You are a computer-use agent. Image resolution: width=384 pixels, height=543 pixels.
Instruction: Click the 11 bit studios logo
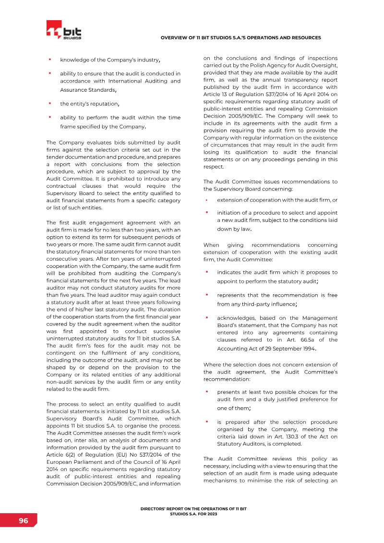click(63, 30)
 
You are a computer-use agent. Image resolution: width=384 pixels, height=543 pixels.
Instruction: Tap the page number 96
click(23, 521)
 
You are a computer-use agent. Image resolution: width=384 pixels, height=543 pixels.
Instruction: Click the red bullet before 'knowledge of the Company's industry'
click(49, 60)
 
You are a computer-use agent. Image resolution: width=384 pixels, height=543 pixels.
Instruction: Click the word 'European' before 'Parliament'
click(59, 462)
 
